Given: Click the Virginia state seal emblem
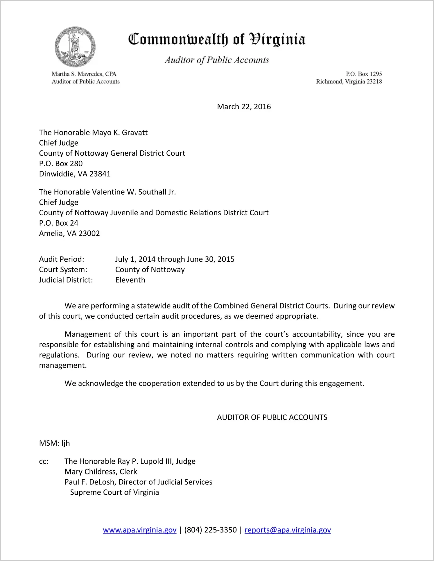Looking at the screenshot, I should pyautogui.click(x=75, y=47).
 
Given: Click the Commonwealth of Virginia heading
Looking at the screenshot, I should pyautogui.click(x=217, y=40).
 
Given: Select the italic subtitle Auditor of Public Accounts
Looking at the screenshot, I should pyautogui.click(x=217, y=60).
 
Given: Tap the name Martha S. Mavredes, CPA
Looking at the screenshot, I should pyautogui.click(x=84, y=74).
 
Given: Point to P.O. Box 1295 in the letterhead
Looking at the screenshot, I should pyautogui.click(x=364, y=74).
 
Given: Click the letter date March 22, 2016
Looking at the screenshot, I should pyautogui.click(x=244, y=107).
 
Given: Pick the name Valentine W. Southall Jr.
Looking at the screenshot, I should pyautogui.click(x=134, y=192).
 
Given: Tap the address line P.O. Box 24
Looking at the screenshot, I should pyautogui.click(x=59, y=223).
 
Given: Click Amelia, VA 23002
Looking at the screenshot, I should pyautogui.click(x=69, y=234).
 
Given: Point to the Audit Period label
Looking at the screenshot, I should pyautogui.click(x=62, y=259).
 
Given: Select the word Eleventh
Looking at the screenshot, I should pyautogui.click(x=130, y=280).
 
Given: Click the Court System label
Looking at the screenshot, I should pyautogui.click(x=63, y=270).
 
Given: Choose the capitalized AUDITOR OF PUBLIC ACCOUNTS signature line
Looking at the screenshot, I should pyautogui.click(x=272, y=417).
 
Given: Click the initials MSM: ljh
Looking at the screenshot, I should pyautogui.click(x=54, y=443).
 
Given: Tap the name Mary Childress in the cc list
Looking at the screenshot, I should pyautogui.click(x=90, y=472).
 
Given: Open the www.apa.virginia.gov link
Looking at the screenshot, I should pyautogui.click(x=139, y=530).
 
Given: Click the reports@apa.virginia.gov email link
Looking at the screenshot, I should pyautogui.click(x=288, y=530).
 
